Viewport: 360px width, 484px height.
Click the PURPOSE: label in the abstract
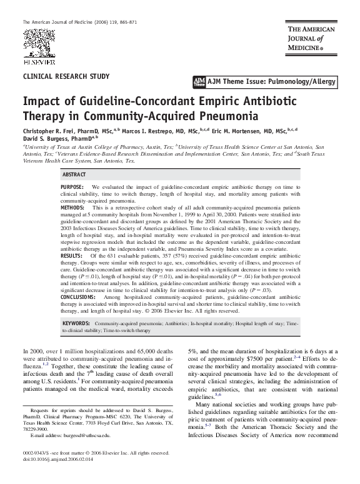point(72,188)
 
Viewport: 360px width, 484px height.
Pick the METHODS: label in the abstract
point(72,207)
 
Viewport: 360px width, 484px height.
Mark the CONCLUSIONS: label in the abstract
point(78,279)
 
